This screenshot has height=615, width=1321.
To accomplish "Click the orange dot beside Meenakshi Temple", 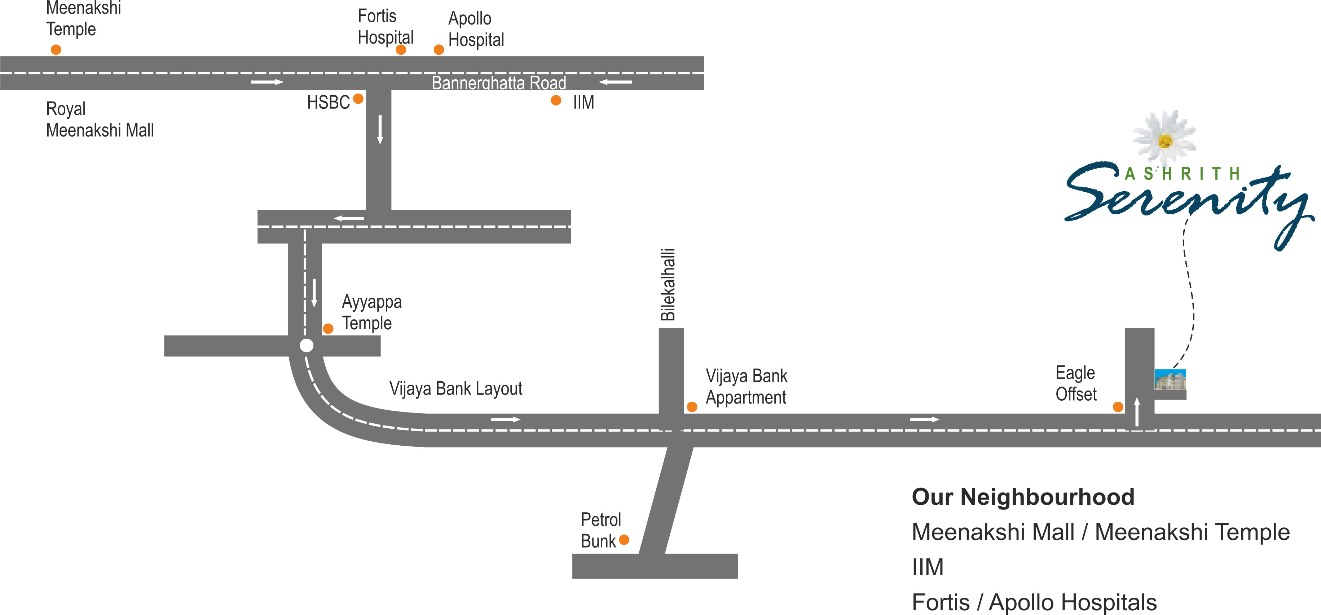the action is point(56,50).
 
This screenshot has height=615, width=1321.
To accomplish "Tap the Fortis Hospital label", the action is point(386,27).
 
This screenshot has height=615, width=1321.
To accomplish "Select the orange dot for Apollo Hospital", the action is point(439,50).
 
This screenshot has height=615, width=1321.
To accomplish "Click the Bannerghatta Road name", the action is point(499,83).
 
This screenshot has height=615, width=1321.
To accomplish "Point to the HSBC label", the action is point(328,102).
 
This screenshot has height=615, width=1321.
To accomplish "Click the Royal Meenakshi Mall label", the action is point(100,119).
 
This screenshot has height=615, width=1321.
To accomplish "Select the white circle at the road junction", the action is point(307,346).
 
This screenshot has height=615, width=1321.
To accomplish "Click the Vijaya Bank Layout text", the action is point(456,388).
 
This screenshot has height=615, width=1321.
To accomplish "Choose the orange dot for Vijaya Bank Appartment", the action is point(692,407).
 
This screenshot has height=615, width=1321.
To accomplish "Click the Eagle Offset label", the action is point(1076,383).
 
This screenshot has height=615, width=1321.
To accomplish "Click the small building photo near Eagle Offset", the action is point(1170,380).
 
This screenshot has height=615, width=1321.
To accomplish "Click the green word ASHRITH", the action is point(1182,174).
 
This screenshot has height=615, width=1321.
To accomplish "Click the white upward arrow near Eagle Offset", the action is point(1137,411).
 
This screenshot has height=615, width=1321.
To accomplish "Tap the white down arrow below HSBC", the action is point(380,130).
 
